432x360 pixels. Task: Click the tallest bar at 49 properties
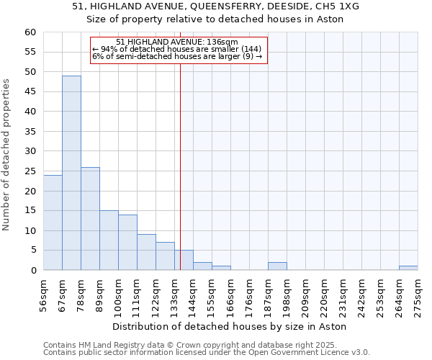click(71, 173)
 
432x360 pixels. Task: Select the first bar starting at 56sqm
click(53, 222)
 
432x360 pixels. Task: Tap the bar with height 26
click(90, 218)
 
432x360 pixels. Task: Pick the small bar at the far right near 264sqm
click(408, 268)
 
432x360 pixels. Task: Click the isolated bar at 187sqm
click(277, 266)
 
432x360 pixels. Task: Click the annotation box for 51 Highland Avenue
click(179, 50)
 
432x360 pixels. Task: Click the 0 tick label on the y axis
click(32, 271)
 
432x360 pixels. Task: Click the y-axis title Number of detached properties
click(6, 155)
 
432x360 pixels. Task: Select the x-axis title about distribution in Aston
click(230, 326)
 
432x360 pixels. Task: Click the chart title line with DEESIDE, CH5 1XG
click(216, 6)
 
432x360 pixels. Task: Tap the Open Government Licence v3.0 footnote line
click(207, 353)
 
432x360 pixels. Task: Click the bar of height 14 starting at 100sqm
click(127, 243)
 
